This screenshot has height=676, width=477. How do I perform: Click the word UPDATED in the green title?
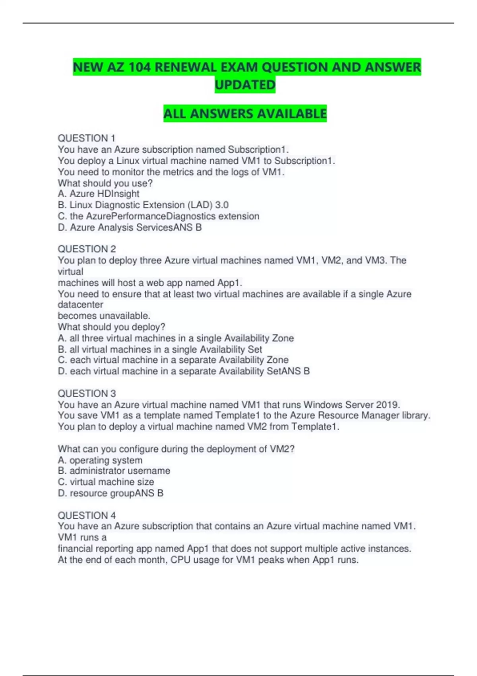(245, 85)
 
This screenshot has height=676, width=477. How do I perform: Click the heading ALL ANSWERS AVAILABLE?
(245, 114)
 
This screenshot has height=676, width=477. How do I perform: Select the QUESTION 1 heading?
(86, 138)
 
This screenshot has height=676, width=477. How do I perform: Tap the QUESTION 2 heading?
(87, 249)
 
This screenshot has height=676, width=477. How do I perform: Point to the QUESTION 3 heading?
(87, 393)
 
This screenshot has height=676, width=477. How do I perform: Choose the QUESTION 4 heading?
(87, 515)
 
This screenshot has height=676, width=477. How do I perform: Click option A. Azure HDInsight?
(99, 194)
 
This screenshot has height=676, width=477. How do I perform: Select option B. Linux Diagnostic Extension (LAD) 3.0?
(143, 205)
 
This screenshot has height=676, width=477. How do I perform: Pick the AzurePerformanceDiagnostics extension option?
(159, 216)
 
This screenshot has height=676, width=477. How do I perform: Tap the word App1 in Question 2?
(229, 283)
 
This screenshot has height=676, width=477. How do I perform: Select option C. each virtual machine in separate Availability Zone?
(173, 360)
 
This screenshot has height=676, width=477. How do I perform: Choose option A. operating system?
(100, 460)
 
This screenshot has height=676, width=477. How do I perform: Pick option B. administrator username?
(114, 471)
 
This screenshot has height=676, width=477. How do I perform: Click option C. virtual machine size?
(106, 482)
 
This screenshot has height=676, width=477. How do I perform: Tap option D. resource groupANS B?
(111, 493)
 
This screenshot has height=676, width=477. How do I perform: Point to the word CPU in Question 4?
(180, 560)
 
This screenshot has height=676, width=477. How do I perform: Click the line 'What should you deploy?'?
(111, 327)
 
